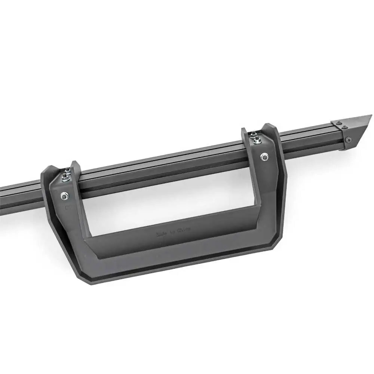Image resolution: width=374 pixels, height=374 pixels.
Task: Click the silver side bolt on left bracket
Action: click(64, 195)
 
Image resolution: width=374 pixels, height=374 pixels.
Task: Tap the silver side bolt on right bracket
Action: click(265, 157)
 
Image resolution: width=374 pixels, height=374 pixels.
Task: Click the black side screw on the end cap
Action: click(348, 140)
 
